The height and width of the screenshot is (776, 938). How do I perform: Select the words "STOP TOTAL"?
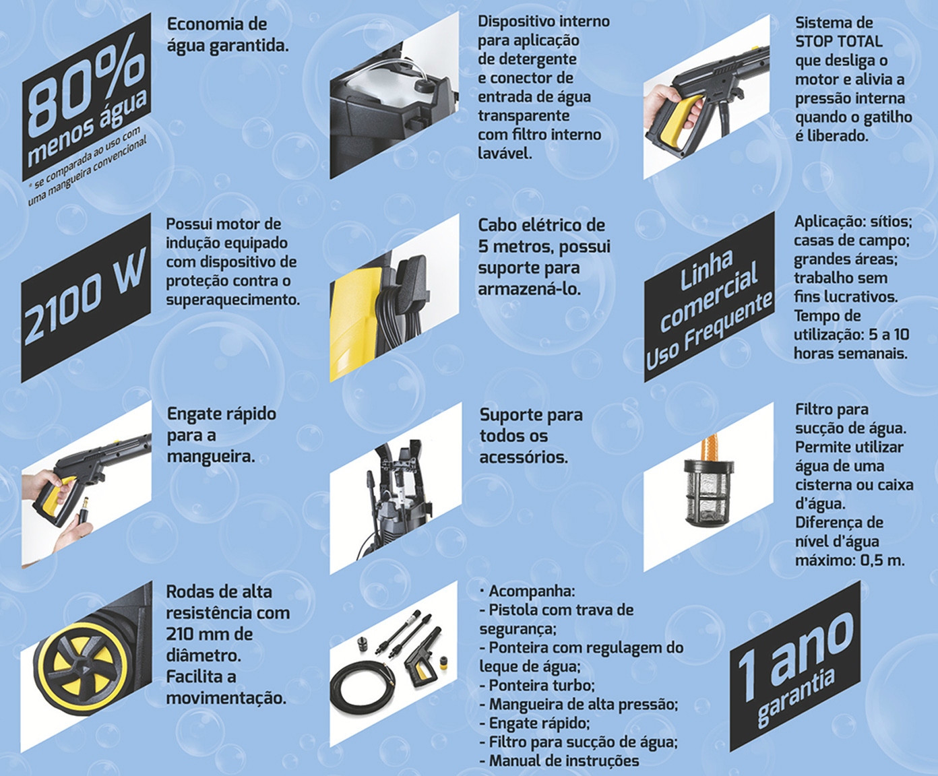coord(839,42)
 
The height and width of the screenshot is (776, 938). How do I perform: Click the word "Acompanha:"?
coord(532,591)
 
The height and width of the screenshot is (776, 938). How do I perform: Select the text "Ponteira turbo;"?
coord(542,685)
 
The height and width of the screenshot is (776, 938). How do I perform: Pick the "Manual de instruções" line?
coord(564,761)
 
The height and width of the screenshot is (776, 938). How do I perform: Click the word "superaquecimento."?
coord(233,300)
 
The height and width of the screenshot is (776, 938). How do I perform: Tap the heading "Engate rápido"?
coord(222,414)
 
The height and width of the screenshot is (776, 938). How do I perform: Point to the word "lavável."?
coord(505,154)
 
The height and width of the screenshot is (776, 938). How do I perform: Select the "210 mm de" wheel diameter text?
coord(210,634)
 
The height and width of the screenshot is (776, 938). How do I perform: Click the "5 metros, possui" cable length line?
coord(544,247)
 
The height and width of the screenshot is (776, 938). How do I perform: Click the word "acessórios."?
coord(524,457)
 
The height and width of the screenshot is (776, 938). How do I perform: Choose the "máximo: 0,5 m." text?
coord(850,560)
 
